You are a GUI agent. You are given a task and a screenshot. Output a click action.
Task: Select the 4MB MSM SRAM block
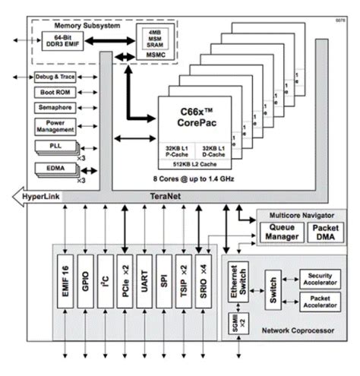pos(151,36)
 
